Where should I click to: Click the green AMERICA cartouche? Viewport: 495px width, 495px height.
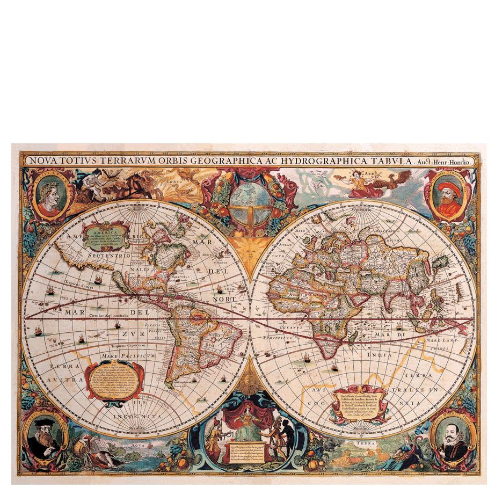point(105,235)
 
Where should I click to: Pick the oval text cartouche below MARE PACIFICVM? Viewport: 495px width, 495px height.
point(115,381)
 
